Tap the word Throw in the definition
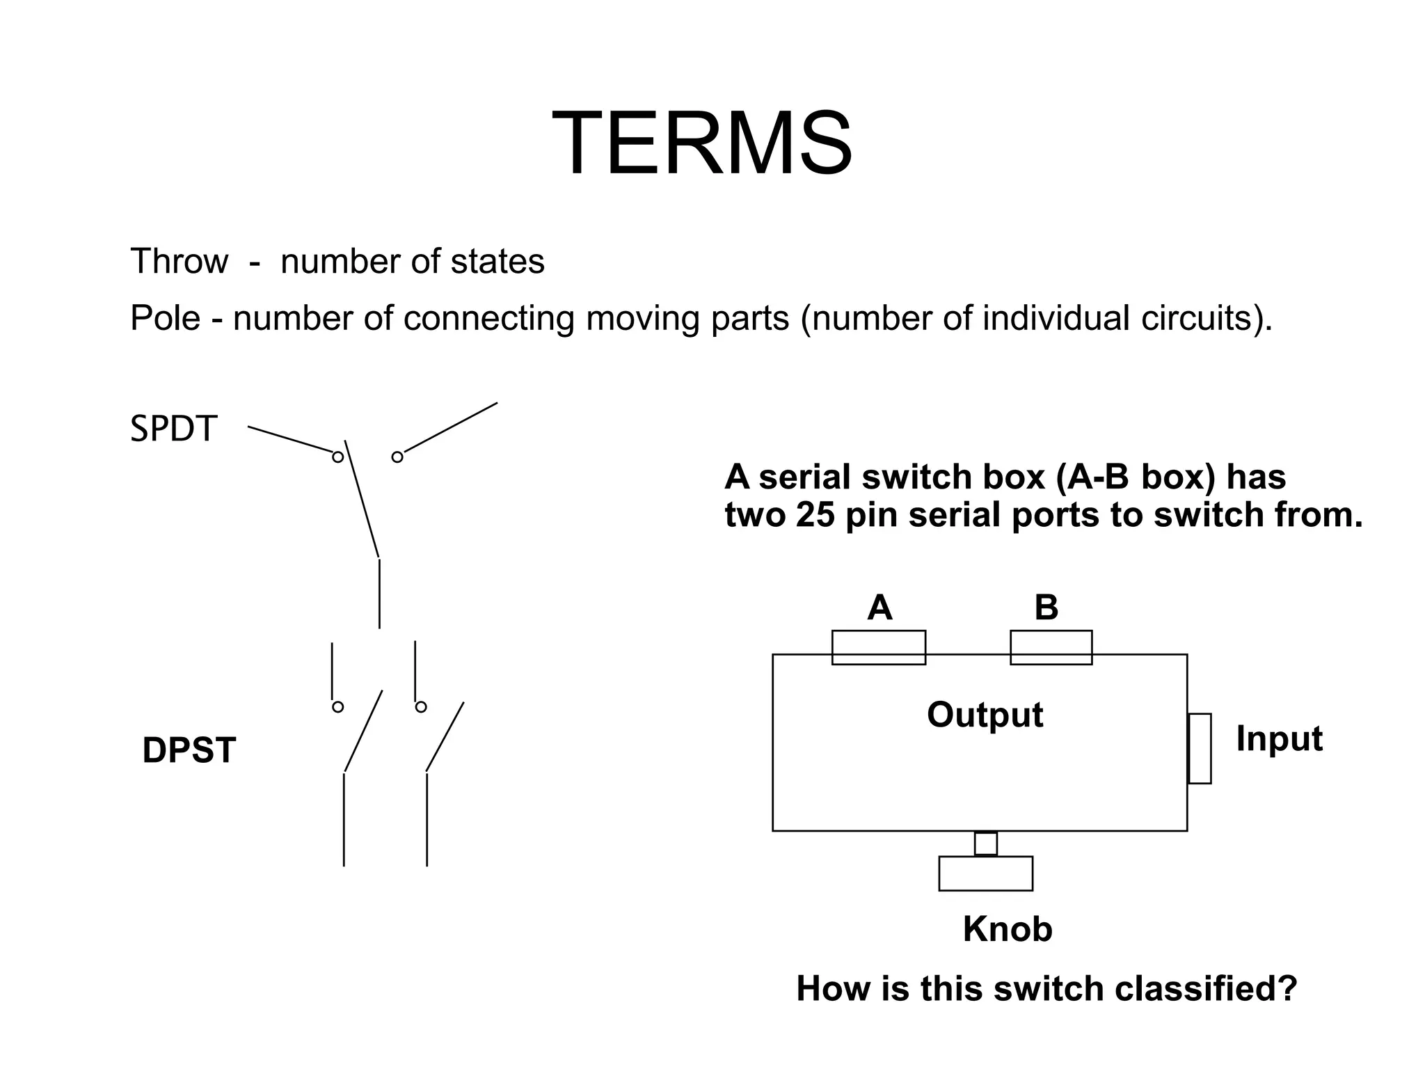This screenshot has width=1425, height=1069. coord(179,262)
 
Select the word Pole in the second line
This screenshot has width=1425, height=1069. coord(165,318)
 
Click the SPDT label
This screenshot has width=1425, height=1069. coord(174,429)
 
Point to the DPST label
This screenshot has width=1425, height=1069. coord(189,750)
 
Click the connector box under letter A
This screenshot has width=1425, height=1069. coord(878,647)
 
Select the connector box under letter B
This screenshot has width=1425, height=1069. coord(1051,647)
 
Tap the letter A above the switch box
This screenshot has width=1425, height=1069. coord(879,608)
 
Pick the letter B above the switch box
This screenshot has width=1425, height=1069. coord(1046,608)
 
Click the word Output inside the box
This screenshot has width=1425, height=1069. coord(985,715)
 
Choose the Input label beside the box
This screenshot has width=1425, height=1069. coord(1279,739)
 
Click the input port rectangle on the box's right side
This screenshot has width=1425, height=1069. coord(1200,748)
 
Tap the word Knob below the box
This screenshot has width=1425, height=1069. coord(1008,929)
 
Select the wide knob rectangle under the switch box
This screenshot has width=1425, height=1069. coord(985,873)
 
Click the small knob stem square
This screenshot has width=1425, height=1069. coord(985,844)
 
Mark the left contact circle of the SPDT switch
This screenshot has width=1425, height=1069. coord(337,457)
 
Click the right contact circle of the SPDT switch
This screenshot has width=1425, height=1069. coord(397,457)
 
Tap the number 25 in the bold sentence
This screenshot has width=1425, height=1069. coord(815,516)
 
